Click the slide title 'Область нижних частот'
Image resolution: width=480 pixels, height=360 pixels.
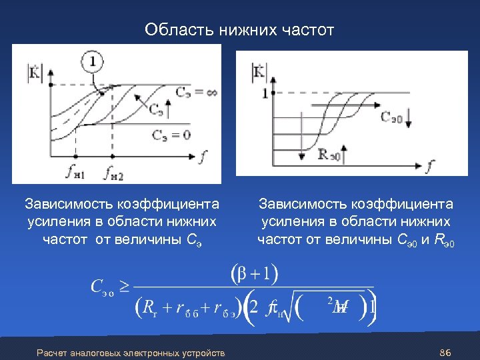click(x=239, y=30)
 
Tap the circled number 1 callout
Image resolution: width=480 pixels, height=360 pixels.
click(x=93, y=62)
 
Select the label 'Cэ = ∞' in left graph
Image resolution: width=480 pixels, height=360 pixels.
click(x=196, y=91)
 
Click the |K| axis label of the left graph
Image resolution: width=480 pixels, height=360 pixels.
click(x=33, y=71)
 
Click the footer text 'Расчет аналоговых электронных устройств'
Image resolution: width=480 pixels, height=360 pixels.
click(x=131, y=352)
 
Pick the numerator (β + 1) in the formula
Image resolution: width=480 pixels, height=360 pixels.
click(x=254, y=273)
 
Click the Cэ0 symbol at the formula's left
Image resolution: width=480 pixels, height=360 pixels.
click(x=102, y=287)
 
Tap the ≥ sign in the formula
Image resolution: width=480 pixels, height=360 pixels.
click(x=125, y=287)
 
